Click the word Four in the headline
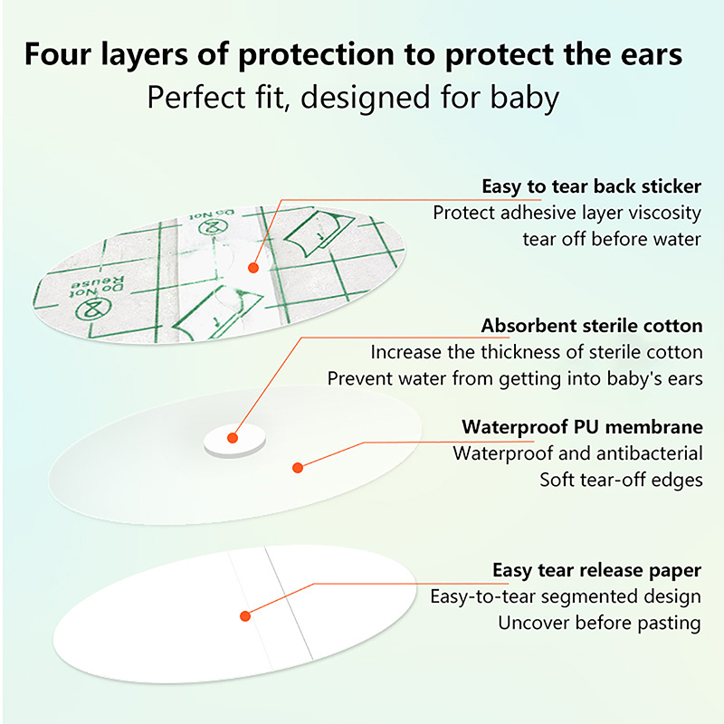58,53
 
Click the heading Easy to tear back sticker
592,186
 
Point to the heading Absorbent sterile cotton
592,326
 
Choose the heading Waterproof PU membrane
582,427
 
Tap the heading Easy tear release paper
597,571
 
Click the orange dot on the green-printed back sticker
253,268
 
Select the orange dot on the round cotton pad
233,438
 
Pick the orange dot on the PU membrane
298,468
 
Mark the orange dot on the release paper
245,616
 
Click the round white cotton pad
234,441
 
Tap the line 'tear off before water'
612,239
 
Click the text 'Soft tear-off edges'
621,481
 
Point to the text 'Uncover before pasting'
600,623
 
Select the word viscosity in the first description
665,214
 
